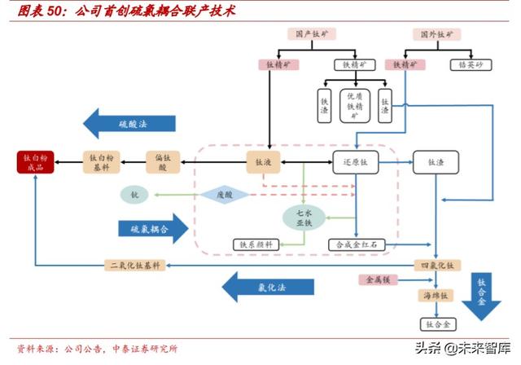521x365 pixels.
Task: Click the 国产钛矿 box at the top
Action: [x=313, y=34]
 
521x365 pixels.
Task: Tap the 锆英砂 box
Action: [x=468, y=64]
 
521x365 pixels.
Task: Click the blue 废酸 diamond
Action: [x=224, y=195]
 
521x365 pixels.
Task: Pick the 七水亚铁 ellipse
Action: [x=304, y=217]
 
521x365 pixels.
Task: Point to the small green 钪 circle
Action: [x=134, y=195]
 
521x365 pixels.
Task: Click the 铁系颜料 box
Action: [x=257, y=244]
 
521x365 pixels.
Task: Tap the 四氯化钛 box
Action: [x=437, y=265]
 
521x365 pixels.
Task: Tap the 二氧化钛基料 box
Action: [x=136, y=265]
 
